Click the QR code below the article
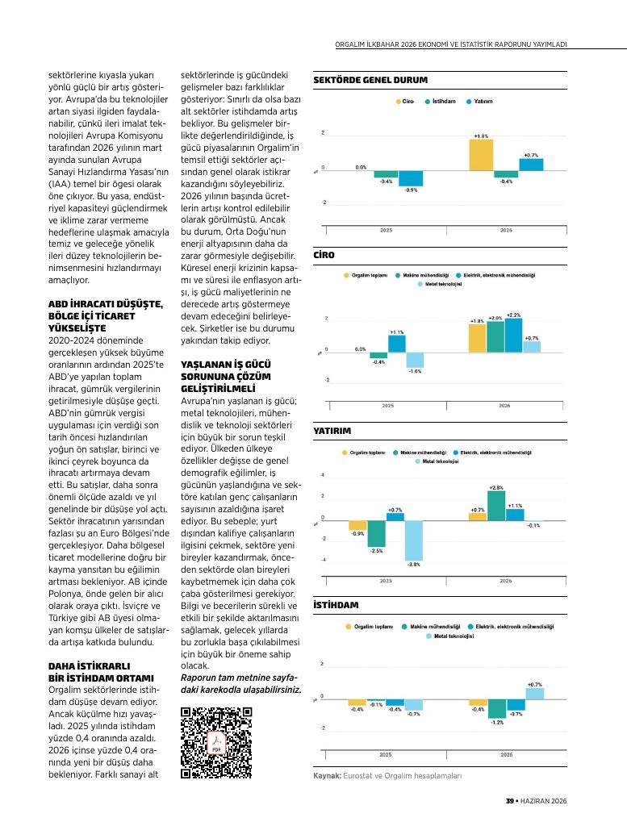tap(216, 743)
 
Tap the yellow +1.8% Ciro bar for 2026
tap(481, 155)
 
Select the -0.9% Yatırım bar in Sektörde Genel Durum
tap(411, 178)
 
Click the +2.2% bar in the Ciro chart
tap(514, 336)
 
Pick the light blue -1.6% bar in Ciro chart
tap(415, 361)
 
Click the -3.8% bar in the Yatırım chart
tap(414, 541)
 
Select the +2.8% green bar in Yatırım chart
tap(496, 507)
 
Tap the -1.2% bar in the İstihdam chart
tap(497, 709)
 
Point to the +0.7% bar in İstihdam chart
tap(535, 694)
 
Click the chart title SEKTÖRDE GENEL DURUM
tap(370, 80)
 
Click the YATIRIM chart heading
tap(332, 431)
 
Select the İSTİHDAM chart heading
tap(336, 605)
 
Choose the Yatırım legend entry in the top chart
tap(479, 101)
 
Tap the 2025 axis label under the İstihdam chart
tap(386, 755)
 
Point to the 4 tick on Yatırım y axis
tap(323, 475)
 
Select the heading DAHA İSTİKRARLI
tap(89, 666)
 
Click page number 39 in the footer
tap(509, 801)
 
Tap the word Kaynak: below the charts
tap(327, 776)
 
